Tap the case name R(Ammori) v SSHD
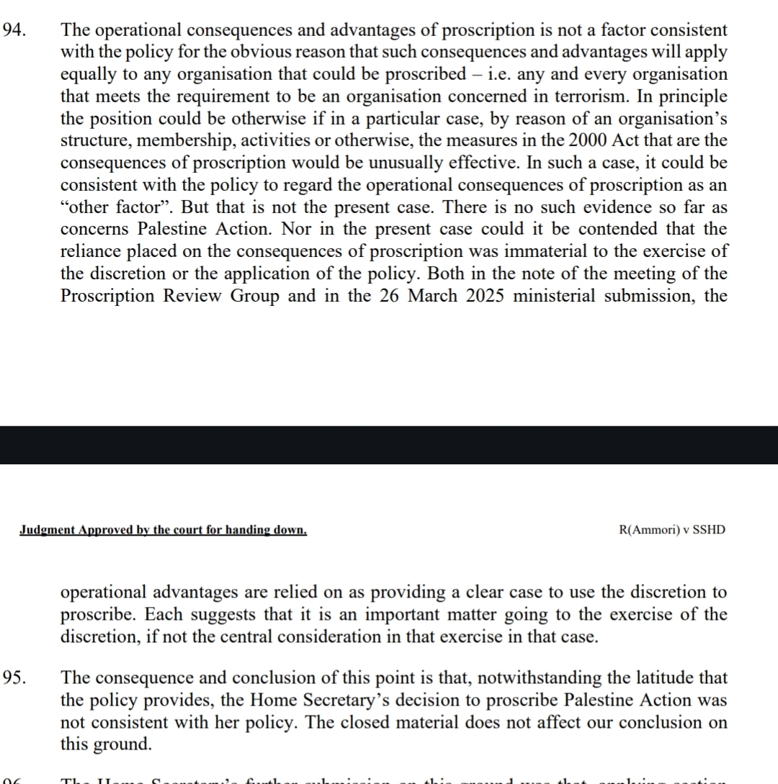click(672, 530)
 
